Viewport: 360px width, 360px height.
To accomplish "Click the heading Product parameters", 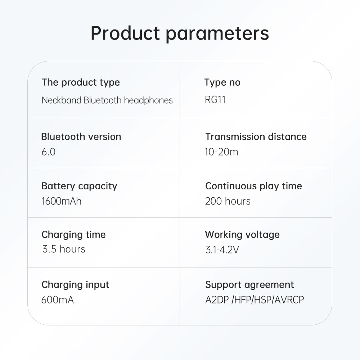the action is point(180,33).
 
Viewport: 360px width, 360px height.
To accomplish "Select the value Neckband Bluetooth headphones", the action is point(107,100).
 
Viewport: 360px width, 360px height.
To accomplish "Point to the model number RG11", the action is point(215,100).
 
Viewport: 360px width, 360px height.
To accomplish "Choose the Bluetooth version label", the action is point(81,136).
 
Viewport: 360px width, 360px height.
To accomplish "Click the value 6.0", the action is point(49,152).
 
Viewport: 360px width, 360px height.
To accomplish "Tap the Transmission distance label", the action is point(256,136).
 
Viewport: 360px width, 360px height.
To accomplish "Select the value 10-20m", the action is point(221,152).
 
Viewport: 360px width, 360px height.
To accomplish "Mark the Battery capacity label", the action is point(79,186).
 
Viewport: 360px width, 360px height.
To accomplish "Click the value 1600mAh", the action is point(62,201).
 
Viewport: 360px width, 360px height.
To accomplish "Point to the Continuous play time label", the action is point(254,186).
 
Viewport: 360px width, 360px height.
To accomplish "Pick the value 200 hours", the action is point(228,201).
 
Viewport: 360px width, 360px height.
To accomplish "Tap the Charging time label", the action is point(73,235).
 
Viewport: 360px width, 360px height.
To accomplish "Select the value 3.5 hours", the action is point(64,249).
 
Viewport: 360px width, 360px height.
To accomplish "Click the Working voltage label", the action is point(242,235).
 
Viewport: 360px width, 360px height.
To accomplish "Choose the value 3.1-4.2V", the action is point(222,250).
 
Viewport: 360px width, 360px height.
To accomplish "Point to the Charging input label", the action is point(75,285).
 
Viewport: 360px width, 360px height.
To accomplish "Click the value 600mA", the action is point(58,300).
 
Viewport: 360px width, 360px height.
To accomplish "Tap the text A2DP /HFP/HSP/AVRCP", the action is point(255,300).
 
